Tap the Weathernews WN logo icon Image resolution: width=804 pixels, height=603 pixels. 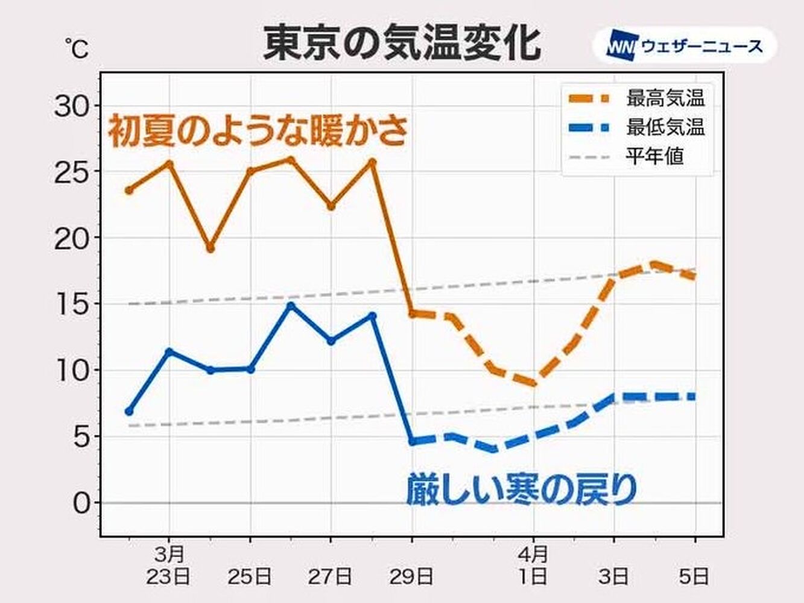click(622, 46)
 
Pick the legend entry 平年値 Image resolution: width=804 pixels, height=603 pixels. click(654, 157)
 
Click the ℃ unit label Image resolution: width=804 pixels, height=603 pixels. click(77, 49)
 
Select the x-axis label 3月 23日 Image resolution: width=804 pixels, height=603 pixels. click(169, 566)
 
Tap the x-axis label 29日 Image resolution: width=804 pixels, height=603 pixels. click(412, 576)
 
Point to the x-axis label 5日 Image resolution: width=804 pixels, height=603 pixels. click(695, 576)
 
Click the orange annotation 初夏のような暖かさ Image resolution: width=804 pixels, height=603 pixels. click(258, 131)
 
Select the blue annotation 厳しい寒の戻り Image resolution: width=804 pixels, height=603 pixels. click(522, 489)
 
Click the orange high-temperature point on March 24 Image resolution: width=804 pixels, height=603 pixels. click(210, 248)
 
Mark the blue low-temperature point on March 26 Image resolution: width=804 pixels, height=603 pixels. click(291, 306)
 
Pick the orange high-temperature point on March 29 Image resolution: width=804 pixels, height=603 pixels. click(413, 314)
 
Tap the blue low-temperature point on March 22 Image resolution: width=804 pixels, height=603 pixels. click(128, 411)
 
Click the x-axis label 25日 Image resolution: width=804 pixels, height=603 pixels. click(250, 576)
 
